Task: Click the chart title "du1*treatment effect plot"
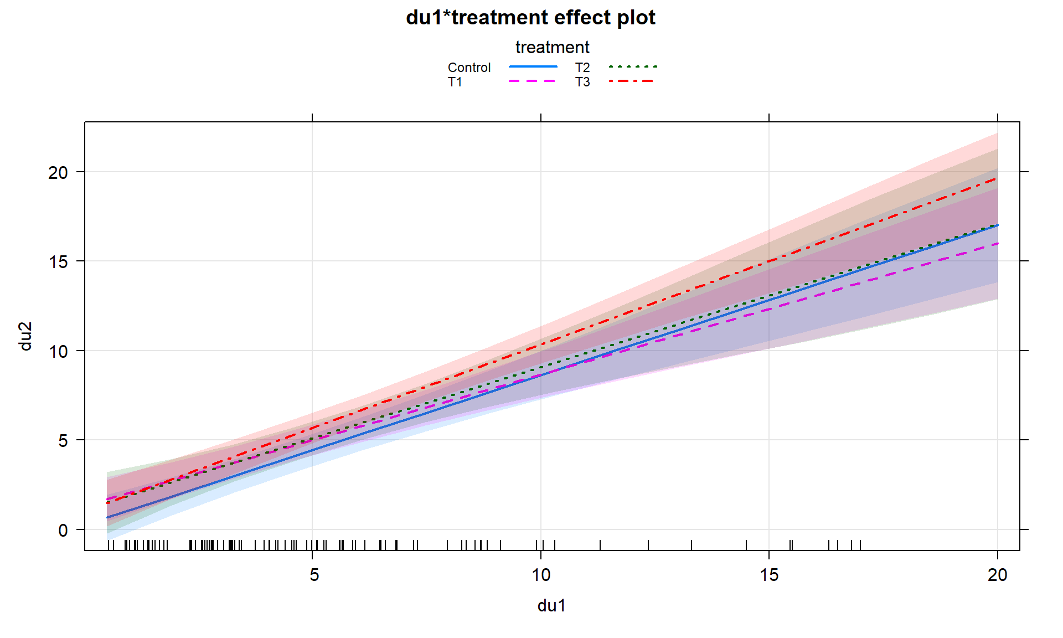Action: (530, 18)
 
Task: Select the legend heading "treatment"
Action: (552, 48)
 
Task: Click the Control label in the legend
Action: (469, 68)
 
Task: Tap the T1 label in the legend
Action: (455, 83)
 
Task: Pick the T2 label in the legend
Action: (582, 68)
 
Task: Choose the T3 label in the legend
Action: (582, 83)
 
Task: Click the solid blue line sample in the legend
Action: (533, 67)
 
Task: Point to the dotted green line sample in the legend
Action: (633, 67)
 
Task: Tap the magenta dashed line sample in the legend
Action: (533, 81)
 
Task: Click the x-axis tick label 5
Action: (314, 575)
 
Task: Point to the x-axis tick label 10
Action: (541, 575)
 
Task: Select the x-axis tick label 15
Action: (769, 575)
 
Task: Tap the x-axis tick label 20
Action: (997, 575)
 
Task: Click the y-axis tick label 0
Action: (63, 531)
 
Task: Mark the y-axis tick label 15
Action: (58, 262)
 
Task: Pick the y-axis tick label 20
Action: (58, 173)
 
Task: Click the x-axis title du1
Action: (551, 606)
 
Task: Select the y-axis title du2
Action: (25, 336)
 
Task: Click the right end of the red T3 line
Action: (997, 179)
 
